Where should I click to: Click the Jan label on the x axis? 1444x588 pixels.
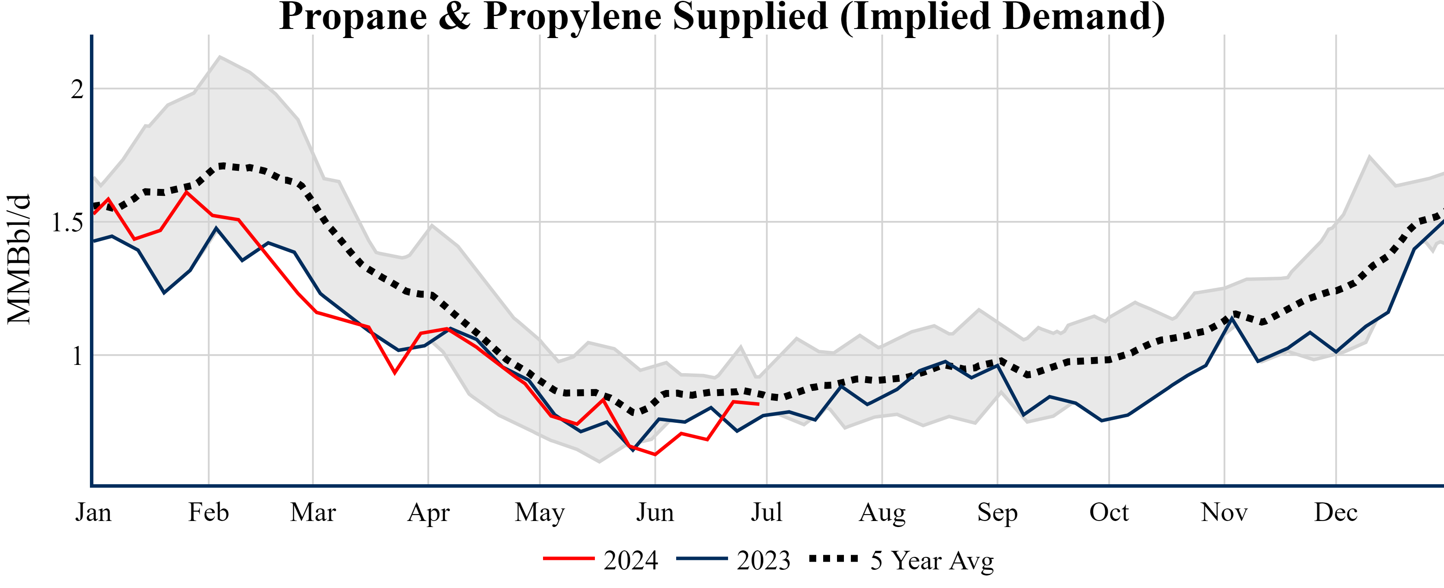[x=93, y=512]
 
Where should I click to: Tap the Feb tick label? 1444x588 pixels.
[x=208, y=512]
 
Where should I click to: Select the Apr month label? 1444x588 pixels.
[x=428, y=512]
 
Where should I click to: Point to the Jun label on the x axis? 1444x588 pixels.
[x=655, y=512]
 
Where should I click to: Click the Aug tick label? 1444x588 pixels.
[x=882, y=512]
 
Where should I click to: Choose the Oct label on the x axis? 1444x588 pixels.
[x=1109, y=512]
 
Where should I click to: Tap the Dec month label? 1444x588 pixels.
[x=1336, y=512]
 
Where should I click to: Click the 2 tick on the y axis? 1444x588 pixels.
[x=77, y=89]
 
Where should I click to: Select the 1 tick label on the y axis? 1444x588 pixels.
[x=77, y=356]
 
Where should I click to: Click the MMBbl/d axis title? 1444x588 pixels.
[x=19, y=259]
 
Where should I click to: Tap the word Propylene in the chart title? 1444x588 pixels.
[x=572, y=17]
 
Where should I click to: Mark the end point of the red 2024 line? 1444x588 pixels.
[x=758, y=403]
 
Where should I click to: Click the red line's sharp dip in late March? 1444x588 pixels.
[x=395, y=373]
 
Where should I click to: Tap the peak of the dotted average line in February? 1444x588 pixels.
[x=223, y=166]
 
